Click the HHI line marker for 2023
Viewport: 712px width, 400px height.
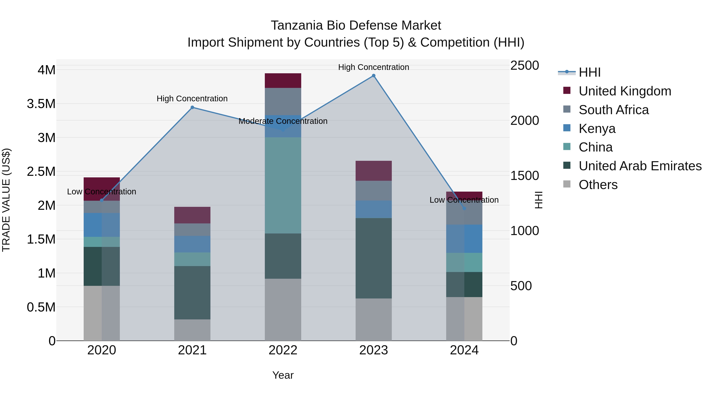click(x=373, y=76)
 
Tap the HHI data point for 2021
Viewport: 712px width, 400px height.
click(x=192, y=107)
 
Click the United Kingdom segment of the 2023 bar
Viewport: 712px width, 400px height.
click(x=373, y=171)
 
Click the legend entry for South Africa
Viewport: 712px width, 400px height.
click(x=614, y=110)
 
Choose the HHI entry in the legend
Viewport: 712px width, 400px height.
click(x=590, y=72)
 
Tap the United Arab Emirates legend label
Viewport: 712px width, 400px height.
click(x=640, y=166)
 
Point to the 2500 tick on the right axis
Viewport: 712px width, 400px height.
click(x=524, y=66)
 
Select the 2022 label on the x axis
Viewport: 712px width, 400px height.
click(x=283, y=350)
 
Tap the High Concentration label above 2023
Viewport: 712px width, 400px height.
click(x=373, y=67)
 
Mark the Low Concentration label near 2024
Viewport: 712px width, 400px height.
click(x=464, y=200)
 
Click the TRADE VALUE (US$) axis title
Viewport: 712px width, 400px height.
click(x=6, y=200)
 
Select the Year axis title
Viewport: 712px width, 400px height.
click(x=283, y=375)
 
